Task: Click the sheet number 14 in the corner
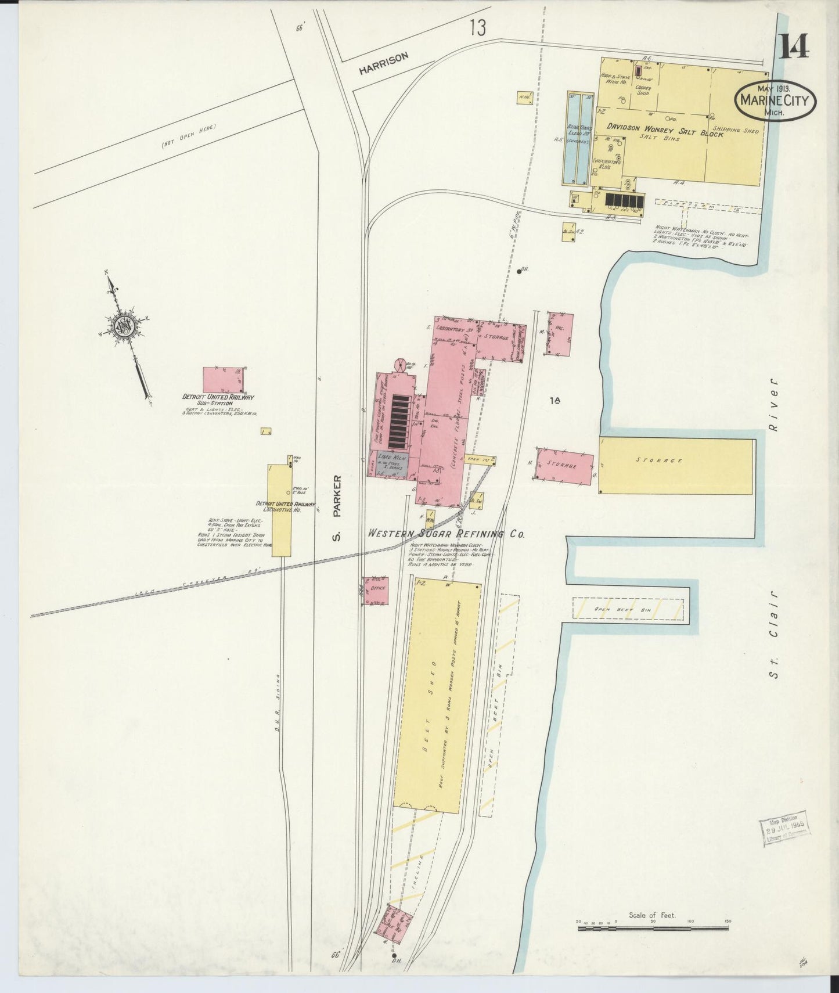(x=793, y=46)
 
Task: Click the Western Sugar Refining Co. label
(x=446, y=534)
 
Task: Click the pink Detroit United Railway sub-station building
(x=223, y=380)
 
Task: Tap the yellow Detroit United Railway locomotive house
(x=279, y=510)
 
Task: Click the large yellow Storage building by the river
(x=676, y=466)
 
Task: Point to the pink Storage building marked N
(x=564, y=466)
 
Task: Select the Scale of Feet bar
(x=653, y=927)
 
